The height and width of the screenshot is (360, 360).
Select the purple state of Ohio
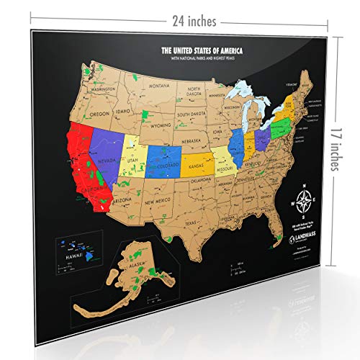(262, 137)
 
